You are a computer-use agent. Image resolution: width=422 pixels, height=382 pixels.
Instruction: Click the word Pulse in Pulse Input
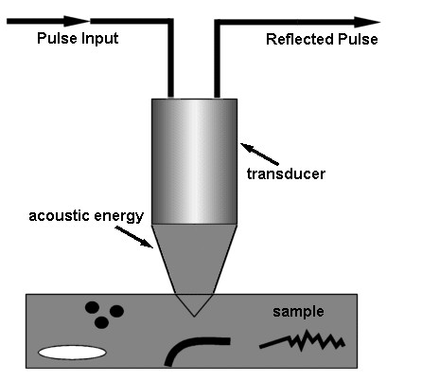[57, 38]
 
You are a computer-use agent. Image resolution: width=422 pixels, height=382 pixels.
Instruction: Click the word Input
[99, 39]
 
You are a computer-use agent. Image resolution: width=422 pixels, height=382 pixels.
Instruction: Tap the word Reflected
[300, 39]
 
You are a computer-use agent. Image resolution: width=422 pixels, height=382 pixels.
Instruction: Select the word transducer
[286, 174]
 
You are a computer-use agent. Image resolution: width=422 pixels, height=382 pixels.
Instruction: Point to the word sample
[298, 312]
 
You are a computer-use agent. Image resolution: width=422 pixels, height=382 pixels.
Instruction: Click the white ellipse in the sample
[72, 353]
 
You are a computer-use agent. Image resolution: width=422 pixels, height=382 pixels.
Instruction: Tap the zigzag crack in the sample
[302, 340]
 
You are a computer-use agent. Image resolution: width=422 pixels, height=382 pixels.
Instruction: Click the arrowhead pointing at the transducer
[247, 147]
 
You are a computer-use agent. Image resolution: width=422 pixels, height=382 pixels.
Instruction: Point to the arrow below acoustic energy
[134, 237]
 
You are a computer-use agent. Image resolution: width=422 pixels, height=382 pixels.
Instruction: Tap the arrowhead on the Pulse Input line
[77, 21]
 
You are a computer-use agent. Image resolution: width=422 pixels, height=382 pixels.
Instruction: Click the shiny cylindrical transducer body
[194, 161]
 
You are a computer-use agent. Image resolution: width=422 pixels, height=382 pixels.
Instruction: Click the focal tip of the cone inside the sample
[194, 317]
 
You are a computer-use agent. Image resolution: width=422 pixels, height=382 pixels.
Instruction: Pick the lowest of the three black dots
[101, 322]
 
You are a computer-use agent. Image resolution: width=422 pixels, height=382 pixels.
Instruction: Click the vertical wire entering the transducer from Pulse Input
[170, 58]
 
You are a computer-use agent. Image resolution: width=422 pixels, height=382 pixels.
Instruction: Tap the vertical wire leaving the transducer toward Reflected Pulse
[217, 59]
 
